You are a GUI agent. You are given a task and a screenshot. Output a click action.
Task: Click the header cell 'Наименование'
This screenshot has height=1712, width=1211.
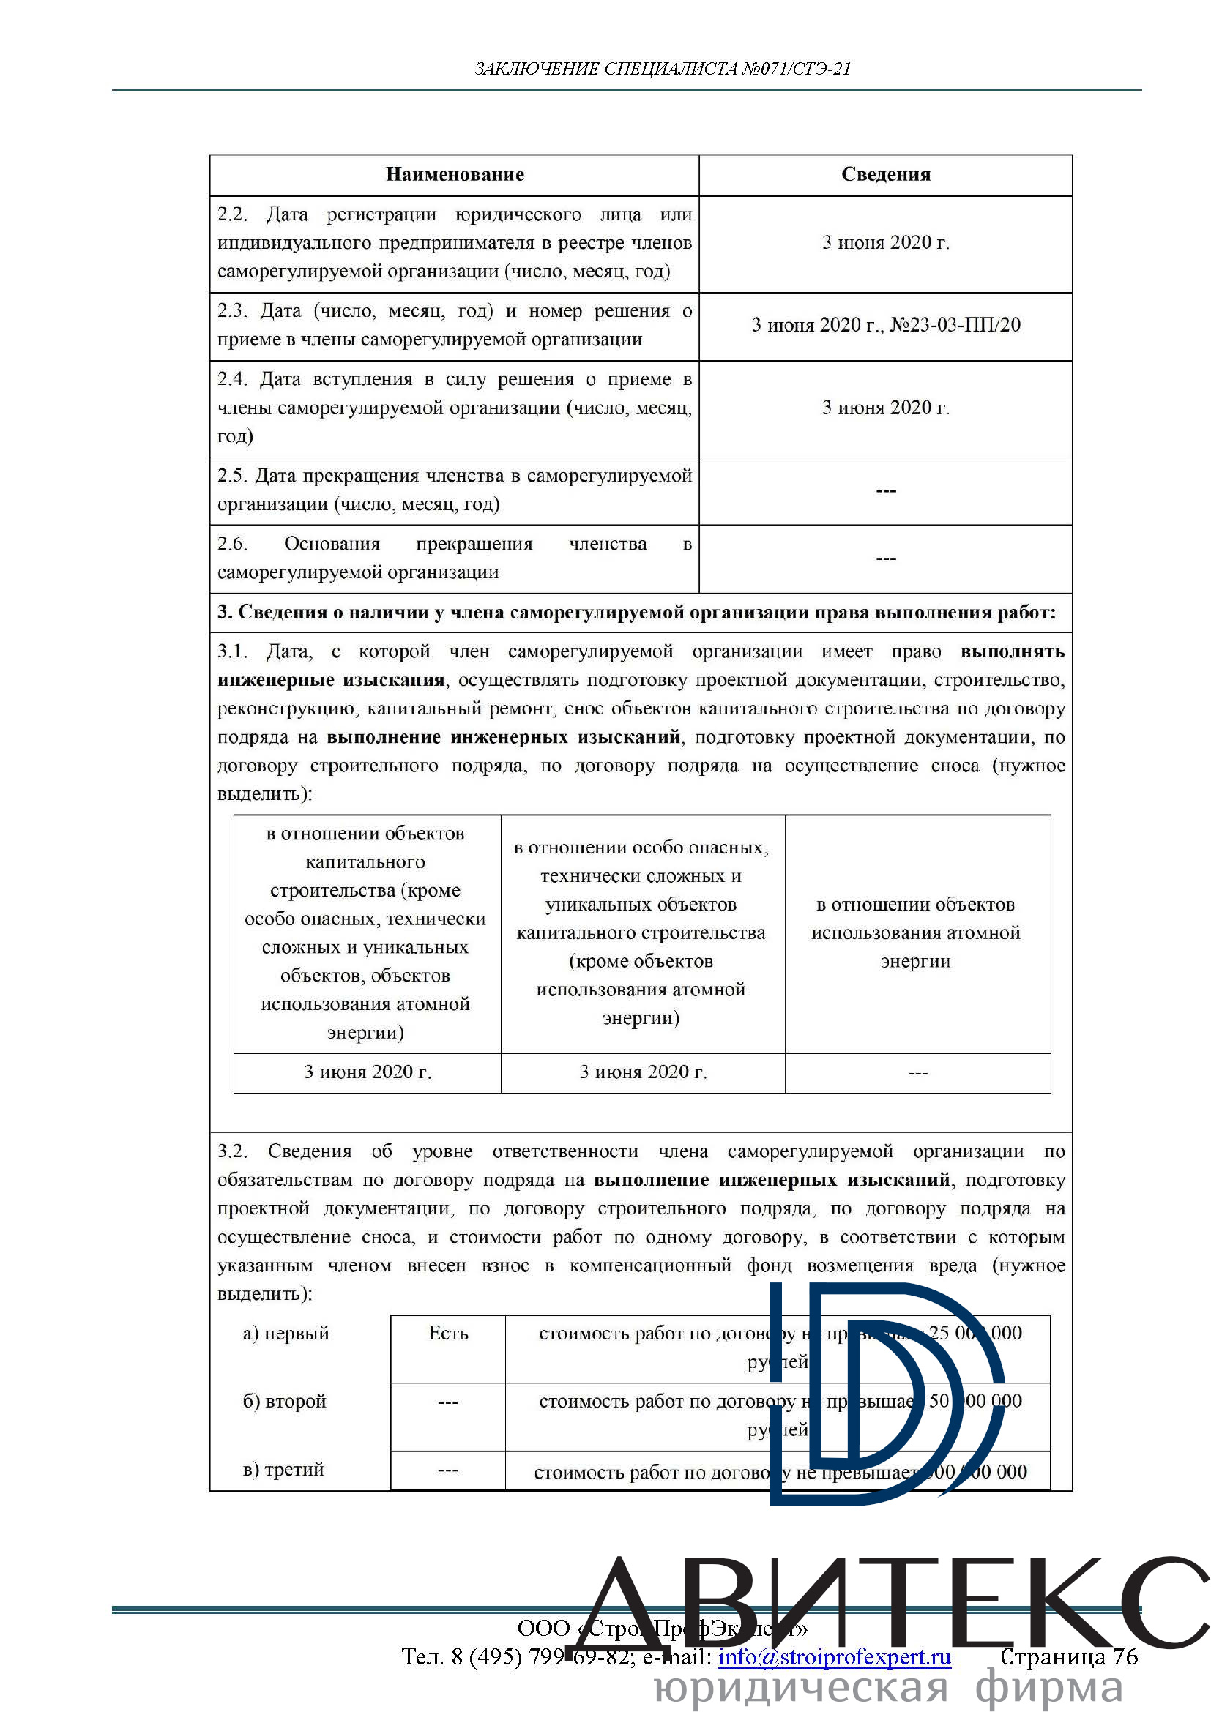point(454,174)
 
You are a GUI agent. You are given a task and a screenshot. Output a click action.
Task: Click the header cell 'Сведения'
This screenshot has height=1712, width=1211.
point(885,174)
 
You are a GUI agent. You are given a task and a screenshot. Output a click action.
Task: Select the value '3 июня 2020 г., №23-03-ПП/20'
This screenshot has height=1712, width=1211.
point(885,325)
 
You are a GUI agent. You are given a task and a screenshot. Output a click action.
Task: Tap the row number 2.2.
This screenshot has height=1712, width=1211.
point(232,214)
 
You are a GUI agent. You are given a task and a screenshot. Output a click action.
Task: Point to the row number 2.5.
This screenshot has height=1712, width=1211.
point(232,476)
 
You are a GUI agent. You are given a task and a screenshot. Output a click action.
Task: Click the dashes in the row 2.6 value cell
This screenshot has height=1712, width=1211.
point(885,558)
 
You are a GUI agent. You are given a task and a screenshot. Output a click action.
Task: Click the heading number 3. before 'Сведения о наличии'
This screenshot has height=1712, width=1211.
point(225,613)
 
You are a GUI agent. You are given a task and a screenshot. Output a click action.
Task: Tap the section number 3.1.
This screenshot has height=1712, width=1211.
point(232,651)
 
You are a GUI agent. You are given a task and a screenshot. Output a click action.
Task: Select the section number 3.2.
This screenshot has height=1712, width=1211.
point(232,1151)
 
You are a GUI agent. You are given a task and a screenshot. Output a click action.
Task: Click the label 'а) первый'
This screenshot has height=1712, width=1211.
point(286,1333)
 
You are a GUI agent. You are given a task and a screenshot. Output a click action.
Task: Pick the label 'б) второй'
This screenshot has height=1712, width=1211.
point(284,1401)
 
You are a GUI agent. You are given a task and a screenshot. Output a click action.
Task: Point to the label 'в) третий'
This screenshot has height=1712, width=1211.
point(283,1470)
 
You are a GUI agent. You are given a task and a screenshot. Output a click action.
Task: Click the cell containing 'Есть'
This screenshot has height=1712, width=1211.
point(447,1333)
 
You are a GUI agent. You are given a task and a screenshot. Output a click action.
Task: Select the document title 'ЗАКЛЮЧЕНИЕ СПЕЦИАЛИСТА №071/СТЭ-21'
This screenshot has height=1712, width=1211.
point(662,70)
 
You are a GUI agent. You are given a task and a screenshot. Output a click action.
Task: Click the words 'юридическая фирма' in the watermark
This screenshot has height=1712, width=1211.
point(887,1689)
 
